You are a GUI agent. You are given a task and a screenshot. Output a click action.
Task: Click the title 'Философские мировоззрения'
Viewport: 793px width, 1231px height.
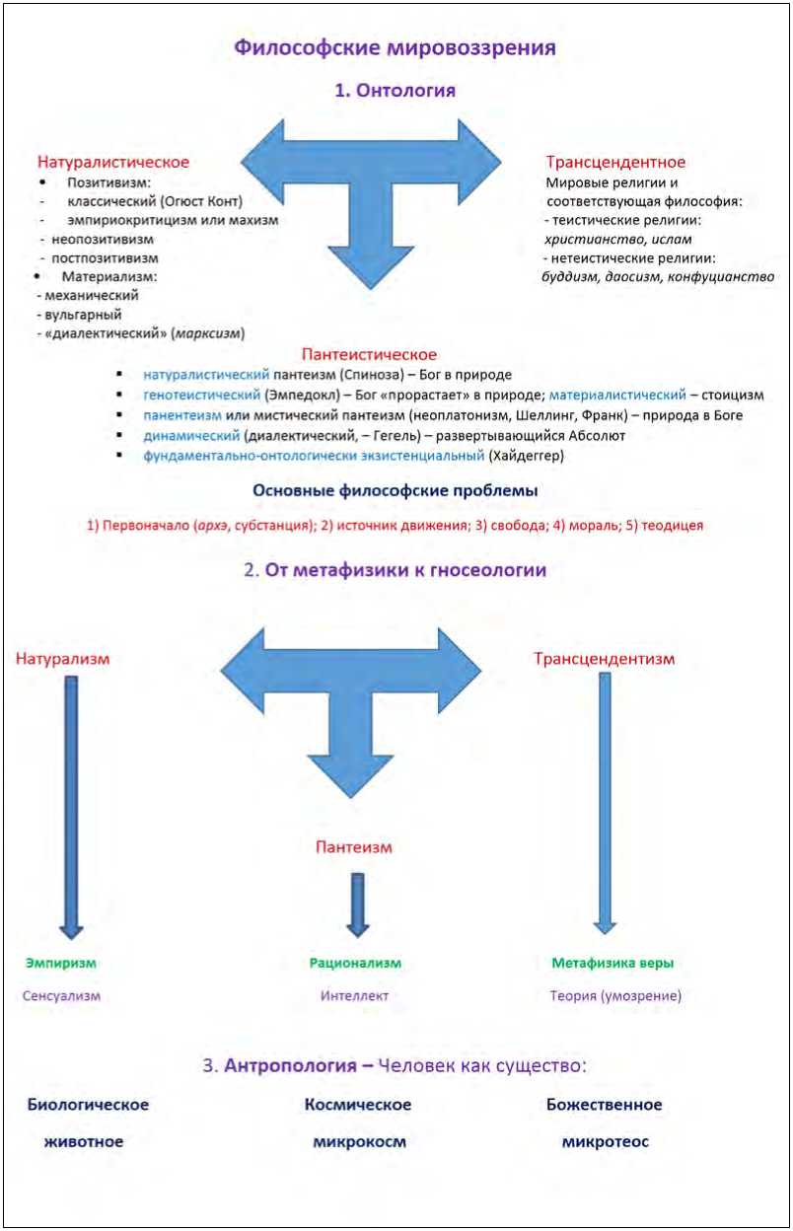395,46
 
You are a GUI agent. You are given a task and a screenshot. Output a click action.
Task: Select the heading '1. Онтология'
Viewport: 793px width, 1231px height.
395,91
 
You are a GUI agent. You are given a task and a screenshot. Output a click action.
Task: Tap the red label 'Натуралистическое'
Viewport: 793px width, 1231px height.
113,162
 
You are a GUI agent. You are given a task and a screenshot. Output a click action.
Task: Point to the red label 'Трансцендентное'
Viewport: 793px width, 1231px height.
615,162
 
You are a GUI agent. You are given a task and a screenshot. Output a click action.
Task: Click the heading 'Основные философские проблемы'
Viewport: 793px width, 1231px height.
396,491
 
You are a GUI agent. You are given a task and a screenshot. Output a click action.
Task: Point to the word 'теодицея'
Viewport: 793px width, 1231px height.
675,526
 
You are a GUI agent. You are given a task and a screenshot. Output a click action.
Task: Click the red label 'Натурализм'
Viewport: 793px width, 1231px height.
62,658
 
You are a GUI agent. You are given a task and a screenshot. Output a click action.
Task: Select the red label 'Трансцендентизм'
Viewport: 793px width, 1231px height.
605,658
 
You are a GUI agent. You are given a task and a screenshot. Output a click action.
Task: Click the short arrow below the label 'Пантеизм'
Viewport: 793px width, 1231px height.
357,903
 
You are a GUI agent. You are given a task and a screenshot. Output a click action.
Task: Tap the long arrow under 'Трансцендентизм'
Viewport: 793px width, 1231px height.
605,799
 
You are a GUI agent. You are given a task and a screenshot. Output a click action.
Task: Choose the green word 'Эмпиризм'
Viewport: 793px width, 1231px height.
61,963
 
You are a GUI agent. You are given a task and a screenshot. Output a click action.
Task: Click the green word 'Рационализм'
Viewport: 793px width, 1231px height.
355,963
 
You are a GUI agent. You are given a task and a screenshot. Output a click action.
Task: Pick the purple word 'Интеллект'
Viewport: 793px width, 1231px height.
354,995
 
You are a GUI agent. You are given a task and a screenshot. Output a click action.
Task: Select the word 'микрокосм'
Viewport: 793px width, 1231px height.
356,1142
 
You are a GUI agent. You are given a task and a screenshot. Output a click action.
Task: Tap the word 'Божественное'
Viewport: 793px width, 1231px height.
604,1105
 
